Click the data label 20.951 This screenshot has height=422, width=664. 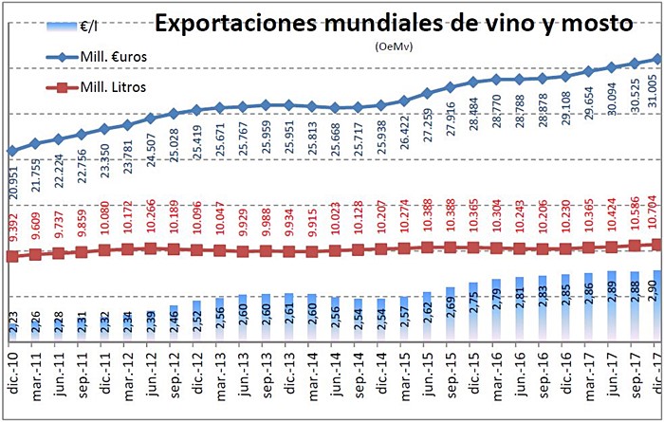tap(15, 178)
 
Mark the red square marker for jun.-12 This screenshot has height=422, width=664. tap(151, 248)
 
